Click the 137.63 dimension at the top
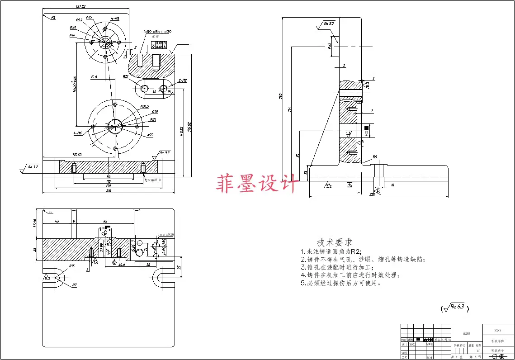(x=80, y=6)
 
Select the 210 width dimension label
(x=109, y=191)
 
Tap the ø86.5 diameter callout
(x=145, y=107)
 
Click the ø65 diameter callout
(x=89, y=17)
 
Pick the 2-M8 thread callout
(x=182, y=81)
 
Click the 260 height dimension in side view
(x=280, y=95)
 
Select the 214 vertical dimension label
(x=289, y=109)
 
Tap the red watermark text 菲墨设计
(x=257, y=184)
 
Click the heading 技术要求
(x=335, y=242)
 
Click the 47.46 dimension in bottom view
(x=35, y=223)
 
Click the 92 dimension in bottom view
(x=104, y=222)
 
